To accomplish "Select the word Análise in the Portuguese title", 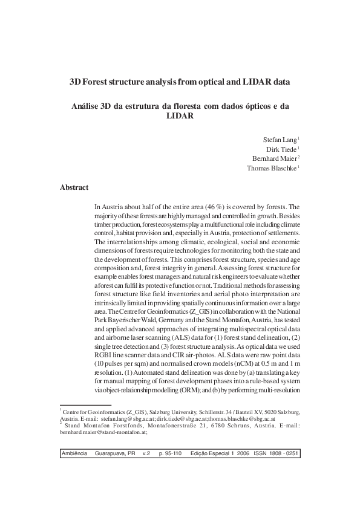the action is click(x=90, y=105).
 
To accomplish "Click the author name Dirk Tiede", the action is click(x=281, y=149).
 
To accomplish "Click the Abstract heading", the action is click(x=74, y=188).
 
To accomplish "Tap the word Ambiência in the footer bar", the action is click(x=75, y=453).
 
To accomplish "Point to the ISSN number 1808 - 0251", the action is click(x=280, y=453).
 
